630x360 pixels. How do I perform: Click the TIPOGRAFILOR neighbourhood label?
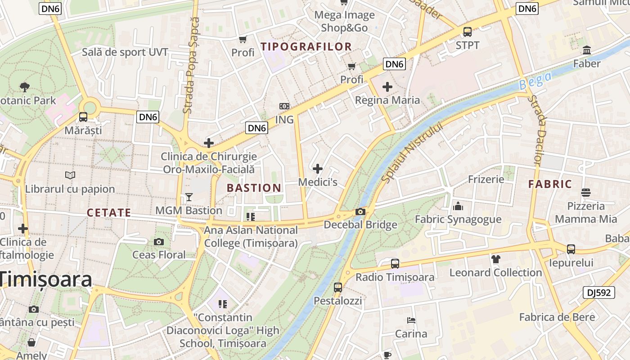(x=306, y=46)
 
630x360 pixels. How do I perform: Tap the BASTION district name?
(x=254, y=188)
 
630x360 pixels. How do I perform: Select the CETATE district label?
(x=109, y=213)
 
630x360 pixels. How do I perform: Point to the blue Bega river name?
(x=535, y=81)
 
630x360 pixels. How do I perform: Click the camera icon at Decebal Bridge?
(x=360, y=212)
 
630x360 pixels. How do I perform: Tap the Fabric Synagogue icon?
(x=458, y=206)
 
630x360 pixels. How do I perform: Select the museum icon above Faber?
(x=587, y=50)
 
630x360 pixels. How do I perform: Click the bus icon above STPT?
(x=468, y=32)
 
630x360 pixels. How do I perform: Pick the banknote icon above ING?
(x=284, y=106)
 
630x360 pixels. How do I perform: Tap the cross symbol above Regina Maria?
(x=387, y=86)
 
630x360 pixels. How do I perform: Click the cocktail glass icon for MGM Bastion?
(x=189, y=197)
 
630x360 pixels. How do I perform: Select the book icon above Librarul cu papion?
(x=70, y=175)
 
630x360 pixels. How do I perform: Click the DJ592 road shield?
(x=598, y=292)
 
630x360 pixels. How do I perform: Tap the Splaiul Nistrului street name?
(x=412, y=152)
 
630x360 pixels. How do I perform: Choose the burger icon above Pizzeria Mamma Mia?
(x=585, y=193)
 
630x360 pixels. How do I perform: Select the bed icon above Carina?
(x=411, y=320)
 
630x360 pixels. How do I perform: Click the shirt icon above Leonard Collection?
(x=495, y=259)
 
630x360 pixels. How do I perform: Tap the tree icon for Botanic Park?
(x=25, y=87)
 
